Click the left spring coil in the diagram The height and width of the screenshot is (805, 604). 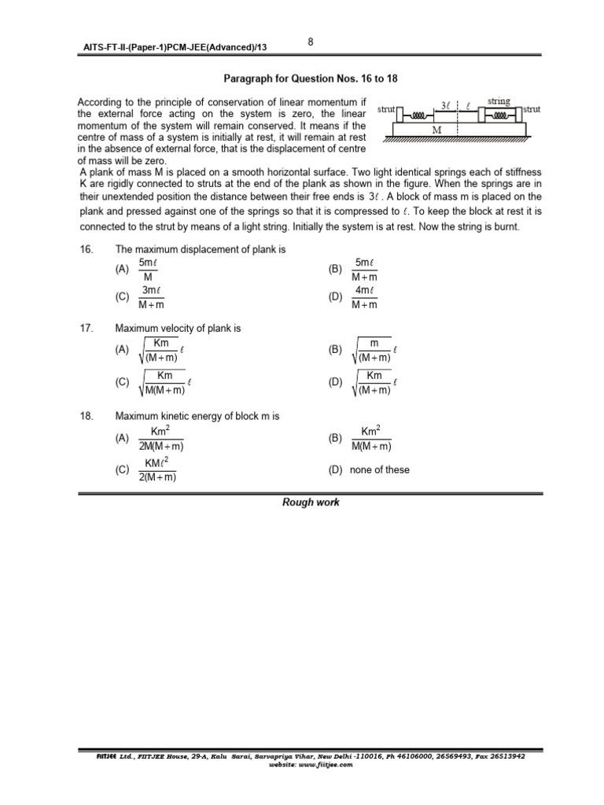coord(422,114)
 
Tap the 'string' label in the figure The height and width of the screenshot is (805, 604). coord(499,101)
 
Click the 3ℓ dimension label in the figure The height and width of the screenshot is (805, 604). coord(446,105)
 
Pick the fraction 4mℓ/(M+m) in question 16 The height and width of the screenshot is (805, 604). coord(364,297)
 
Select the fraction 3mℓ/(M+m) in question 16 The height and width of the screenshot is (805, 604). coord(151,297)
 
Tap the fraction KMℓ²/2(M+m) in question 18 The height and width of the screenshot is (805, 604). coord(157,470)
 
